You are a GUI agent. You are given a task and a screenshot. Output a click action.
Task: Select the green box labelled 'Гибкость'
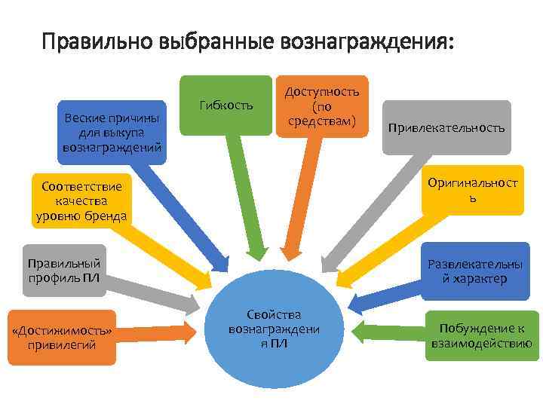point(225,105)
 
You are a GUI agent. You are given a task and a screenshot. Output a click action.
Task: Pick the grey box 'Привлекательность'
point(446,127)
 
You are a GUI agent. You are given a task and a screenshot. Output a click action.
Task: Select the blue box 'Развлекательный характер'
point(474,271)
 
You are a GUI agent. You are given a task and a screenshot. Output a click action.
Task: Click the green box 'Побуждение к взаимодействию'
point(483,336)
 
